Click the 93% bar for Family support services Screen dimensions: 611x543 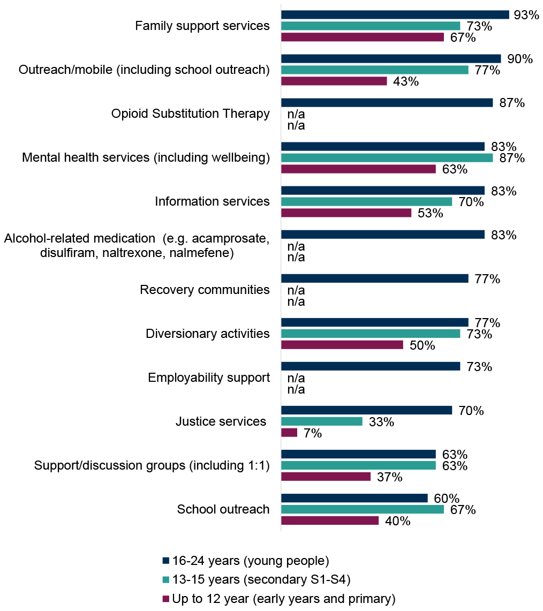click(395, 14)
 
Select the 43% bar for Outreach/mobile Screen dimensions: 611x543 click(334, 81)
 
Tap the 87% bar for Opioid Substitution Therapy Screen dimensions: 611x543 click(387, 102)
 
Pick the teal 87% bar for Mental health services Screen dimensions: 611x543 click(387, 157)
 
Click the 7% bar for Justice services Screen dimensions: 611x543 click(289, 432)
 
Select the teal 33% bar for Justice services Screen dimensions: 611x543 click(321, 421)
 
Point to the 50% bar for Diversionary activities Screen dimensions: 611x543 click(342, 344)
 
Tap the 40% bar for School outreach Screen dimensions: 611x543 click(329, 520)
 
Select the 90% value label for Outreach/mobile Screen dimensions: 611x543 click(519, 59)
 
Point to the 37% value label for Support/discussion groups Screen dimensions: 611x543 click(389, 477)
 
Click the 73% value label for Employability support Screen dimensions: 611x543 click(479, 367)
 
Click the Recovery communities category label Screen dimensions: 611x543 click(205, 290)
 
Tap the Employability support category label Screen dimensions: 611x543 click(208, 378)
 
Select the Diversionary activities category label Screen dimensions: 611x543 click(207, 334)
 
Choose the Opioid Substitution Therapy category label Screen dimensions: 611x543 click(190, 114)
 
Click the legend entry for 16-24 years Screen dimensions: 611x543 click(250, 561)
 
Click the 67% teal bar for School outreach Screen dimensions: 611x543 click(362, 509)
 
